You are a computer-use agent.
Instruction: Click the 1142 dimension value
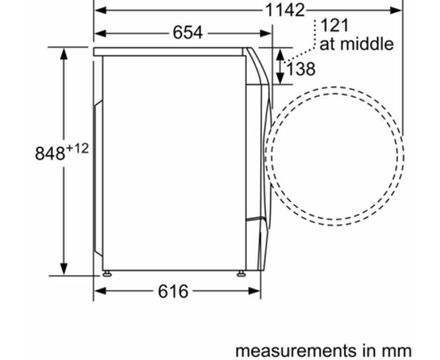click(285, 10)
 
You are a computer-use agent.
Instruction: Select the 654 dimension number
click(187, 32)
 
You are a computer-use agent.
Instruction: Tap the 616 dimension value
click(173, 291)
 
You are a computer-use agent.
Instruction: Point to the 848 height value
click(50, 153)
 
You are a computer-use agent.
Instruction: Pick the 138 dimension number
click(300, 69)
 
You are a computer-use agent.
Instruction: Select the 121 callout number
click(334, 25)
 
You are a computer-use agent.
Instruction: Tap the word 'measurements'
click(295, 351)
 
